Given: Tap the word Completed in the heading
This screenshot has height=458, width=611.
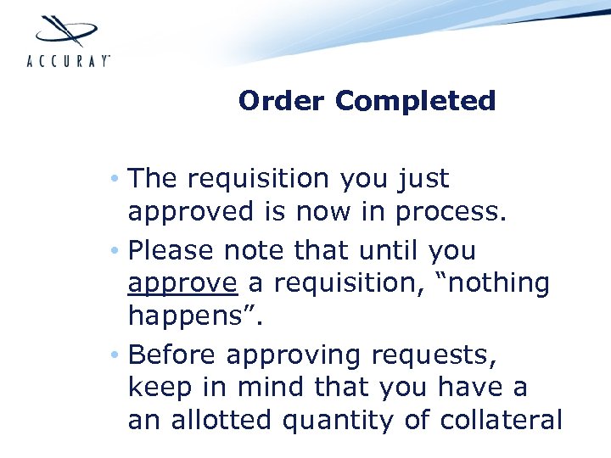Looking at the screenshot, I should click(x=416, y=101).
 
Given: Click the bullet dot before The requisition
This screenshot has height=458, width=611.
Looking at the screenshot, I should click(x=114, y=180).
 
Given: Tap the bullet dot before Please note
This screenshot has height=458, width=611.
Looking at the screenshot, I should click(x=114, y=252).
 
